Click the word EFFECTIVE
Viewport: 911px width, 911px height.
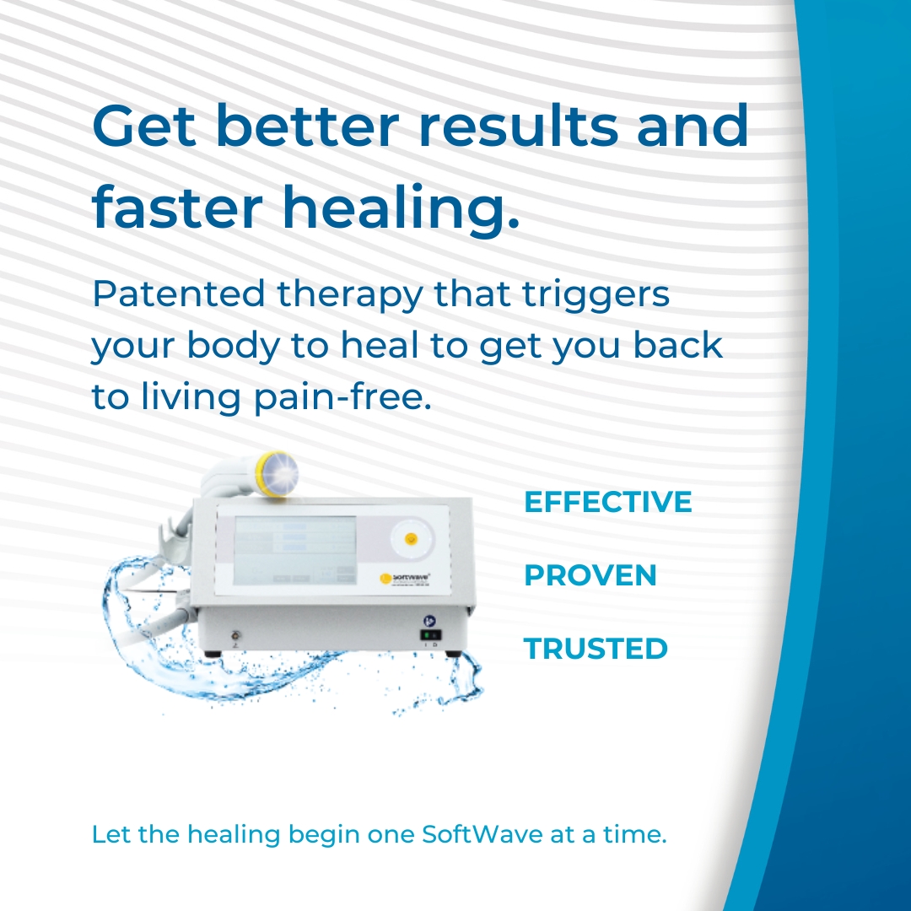coord(607,502)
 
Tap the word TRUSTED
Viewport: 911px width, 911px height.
coord(596,649)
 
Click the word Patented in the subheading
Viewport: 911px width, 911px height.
coord(178,295)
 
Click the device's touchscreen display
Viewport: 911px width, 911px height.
coord(295,548)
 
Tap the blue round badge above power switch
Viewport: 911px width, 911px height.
coord(429,618)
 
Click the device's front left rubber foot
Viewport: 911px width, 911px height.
coord(211,653)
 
